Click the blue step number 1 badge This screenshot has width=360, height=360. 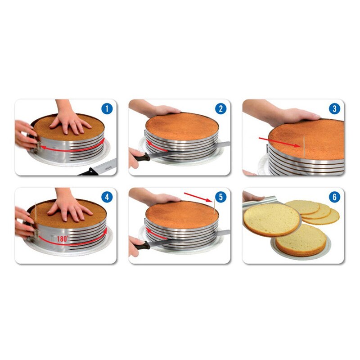coord(106,109)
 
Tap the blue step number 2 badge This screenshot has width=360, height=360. coord(220,109)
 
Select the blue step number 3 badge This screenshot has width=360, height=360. coord(334,109)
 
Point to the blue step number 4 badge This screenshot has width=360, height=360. coord(106,197)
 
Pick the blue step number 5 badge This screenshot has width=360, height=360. coord(220,197)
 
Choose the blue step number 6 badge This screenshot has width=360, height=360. coord(334,197)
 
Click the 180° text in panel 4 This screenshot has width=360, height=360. coord(63,239)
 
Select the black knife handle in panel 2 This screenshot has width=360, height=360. coord(140,157)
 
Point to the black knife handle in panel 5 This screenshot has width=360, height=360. coord(140,245)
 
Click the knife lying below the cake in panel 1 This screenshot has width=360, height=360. coord(97,170)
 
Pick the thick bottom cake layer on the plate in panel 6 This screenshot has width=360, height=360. coord(301,240)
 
